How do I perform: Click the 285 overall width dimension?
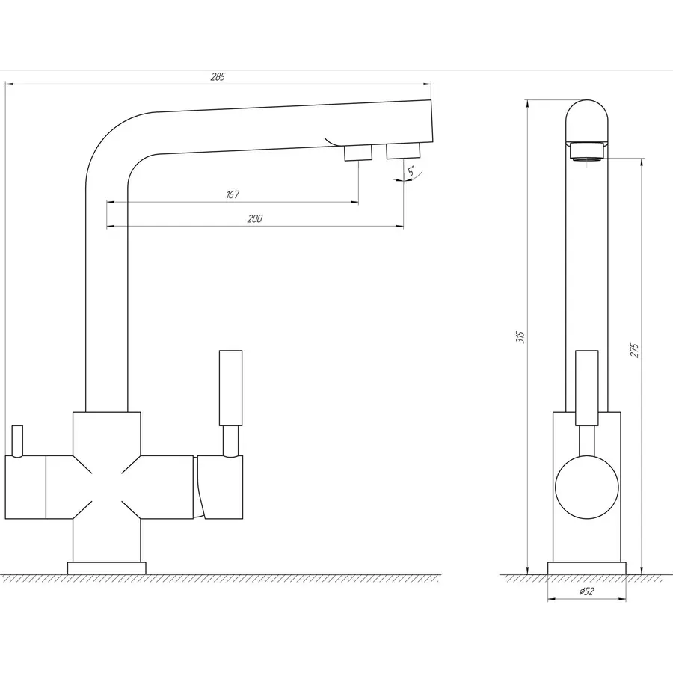coord(218,77)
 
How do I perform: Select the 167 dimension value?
coord(232,194)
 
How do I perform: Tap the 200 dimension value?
coord(255,218)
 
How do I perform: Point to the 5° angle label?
coord(411,171)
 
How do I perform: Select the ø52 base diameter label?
coord(587,591)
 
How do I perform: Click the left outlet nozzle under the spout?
coord(357,153)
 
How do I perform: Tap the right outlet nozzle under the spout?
coord(403,151)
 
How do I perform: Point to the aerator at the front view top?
coord(587,151)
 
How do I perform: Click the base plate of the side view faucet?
coord(106,568)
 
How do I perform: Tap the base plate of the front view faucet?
coord(587,568)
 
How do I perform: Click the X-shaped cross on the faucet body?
coord(106,486)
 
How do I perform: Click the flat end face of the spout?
coord(431,121)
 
